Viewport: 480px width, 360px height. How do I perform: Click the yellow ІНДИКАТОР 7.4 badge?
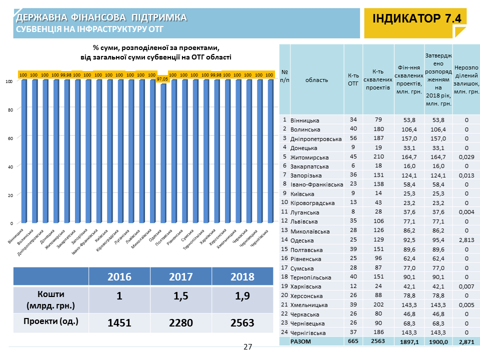pyautogui.click(x=416, y=19)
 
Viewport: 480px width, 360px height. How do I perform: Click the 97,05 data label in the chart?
pyautogui.click(x=162, y=79)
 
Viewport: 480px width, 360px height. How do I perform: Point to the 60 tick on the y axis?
pyautogui.click(x=10, y=137)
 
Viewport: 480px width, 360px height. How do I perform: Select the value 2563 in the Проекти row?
pyautogui.click(x=242, y=323)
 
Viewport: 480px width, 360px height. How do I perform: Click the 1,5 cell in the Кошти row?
pyautogui.click(x=181, y=296)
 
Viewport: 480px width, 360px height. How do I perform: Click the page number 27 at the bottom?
pyautogui.click(x=248, y=347)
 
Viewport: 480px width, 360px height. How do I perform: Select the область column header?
pyautogui.click(x=316, y=80)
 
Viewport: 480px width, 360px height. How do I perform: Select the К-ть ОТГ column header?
pyautogui.click(x=353, y=80)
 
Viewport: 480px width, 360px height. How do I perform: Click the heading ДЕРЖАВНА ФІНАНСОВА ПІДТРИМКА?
pyautogui.click(x=101, y=18)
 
